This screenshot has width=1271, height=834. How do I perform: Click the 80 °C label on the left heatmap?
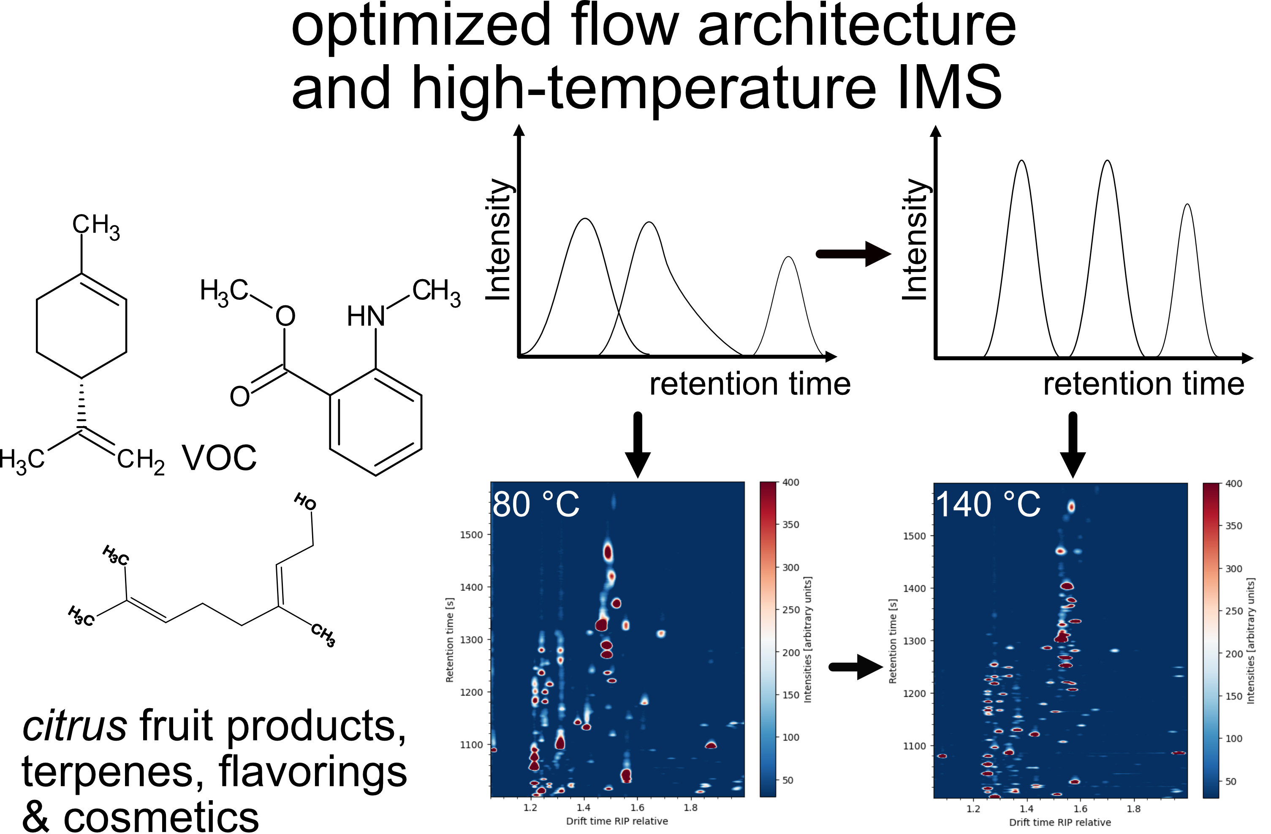click(535, 505)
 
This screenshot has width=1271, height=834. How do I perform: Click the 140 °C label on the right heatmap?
click(988, 505)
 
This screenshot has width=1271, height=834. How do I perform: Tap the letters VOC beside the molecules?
click(219, 458)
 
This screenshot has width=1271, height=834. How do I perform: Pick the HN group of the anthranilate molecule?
click(366, 316)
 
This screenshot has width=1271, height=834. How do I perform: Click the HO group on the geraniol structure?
click(305, 502)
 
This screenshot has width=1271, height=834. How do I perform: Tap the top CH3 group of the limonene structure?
click(96, 226)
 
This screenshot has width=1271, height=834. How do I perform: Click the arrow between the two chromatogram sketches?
click(853, 254)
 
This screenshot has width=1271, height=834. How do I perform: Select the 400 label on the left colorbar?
click(790, 483)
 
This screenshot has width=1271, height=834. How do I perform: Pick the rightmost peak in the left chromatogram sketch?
click(788, 259)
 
